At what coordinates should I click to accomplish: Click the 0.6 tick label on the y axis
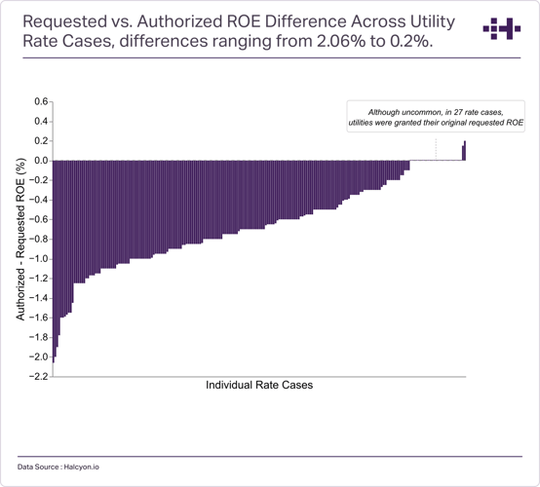tap(41, 101)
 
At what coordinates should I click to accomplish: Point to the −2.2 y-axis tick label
tap(39, 377)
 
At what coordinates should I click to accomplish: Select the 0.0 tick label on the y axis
tap(41, 161)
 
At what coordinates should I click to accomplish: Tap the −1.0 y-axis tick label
tap(39, 259)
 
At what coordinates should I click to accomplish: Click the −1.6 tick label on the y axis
tap(39, 318)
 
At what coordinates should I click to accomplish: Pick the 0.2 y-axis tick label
tap(41, 141)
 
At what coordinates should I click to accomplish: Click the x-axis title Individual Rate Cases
tap(259, 385)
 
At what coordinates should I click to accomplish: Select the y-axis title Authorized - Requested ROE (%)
tap(20, 240)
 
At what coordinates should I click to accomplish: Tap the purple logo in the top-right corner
tap(502, 28)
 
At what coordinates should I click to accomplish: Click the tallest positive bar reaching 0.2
tap(465, 151)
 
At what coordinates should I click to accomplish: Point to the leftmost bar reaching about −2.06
tap(54, 262)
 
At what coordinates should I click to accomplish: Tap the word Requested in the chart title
tap(65, 22)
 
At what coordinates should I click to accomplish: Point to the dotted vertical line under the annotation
tap(436, 149)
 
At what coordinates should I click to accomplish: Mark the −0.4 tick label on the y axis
tap(39, 200)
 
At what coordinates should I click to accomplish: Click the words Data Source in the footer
tap(38, 468)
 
